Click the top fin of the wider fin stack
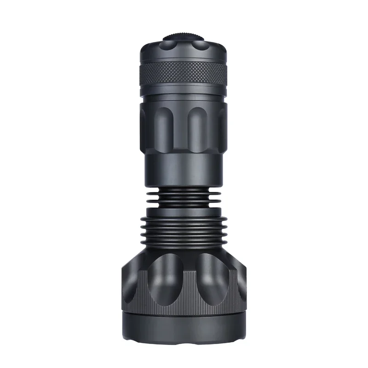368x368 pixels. click(x=184, y=218)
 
